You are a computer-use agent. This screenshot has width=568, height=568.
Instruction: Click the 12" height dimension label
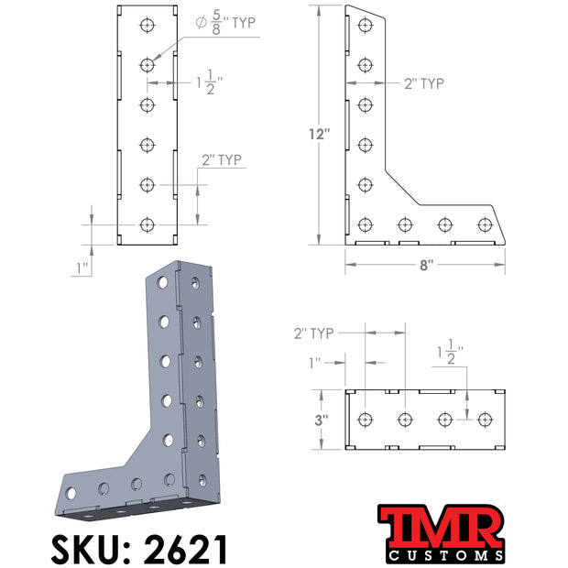click(320, 135)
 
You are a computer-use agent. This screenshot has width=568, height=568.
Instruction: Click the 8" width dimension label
click(426, 265)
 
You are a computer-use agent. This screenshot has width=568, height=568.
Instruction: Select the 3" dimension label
click(322, 421)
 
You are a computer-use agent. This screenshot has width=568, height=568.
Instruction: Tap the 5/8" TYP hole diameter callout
click(225, 23)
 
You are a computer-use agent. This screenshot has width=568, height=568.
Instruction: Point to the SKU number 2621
click(186, 549)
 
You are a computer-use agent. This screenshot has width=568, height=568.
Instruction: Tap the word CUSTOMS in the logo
click(445, 555)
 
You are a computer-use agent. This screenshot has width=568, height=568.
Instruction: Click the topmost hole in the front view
click(147, 26)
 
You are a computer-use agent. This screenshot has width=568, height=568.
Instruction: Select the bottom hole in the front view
click(147, 225)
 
